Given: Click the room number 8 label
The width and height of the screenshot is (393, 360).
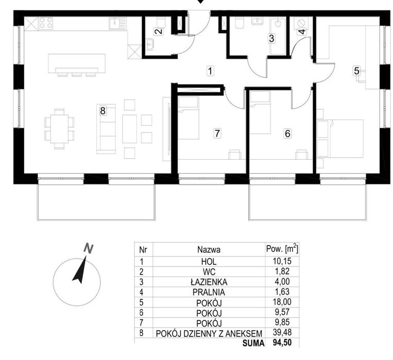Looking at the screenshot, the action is click(103, 111).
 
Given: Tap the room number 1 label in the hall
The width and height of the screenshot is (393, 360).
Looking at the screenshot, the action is click(210, 71).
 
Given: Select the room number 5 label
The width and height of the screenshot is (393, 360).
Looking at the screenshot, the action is click(356, 71).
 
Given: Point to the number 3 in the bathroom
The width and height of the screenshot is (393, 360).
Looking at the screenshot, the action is click(271, 39).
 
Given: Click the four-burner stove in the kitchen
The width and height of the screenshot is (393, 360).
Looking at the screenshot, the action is click(46, 23).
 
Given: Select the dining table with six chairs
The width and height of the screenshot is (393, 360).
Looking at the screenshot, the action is click(59, 129).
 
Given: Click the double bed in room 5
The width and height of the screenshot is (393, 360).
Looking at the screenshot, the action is click(340, 139).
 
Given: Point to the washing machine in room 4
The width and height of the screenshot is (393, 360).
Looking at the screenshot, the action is click(301, 23).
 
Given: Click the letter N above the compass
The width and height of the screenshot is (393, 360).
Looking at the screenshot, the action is click(88, 248).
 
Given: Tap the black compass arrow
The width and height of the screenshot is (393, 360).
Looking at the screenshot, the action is click(80, 270).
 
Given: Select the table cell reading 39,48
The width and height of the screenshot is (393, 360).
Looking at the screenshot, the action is click(282, 332).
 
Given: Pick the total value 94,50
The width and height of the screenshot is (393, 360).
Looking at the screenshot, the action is click(282, 342).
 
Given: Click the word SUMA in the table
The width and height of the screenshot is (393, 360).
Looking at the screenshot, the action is click(253, 343).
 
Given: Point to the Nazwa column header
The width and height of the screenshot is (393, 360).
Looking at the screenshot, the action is click(209, 250).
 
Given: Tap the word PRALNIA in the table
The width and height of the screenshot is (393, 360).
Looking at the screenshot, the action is click(209, 293).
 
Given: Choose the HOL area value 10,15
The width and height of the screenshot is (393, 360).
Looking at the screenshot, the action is click(282, 261).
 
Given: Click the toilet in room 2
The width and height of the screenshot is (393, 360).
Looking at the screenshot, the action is click(161, 22).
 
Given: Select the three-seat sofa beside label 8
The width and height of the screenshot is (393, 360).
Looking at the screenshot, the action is click(106, 129).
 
